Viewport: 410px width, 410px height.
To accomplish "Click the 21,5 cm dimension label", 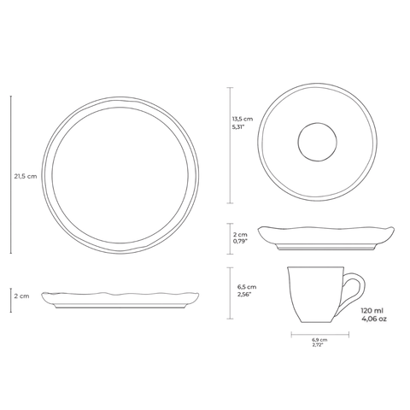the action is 26,176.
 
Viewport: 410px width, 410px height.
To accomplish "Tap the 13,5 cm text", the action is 243,119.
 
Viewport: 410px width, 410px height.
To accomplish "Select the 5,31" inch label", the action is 238,127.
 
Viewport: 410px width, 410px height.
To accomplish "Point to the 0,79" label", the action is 240,242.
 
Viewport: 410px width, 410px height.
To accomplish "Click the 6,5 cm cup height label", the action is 247,287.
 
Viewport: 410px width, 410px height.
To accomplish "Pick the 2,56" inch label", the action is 244,295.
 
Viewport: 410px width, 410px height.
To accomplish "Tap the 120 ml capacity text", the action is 372,311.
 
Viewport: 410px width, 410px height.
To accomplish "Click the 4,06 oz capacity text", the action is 374,319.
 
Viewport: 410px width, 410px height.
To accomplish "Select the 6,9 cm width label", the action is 319,340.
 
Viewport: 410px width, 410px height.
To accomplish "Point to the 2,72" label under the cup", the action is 318,345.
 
